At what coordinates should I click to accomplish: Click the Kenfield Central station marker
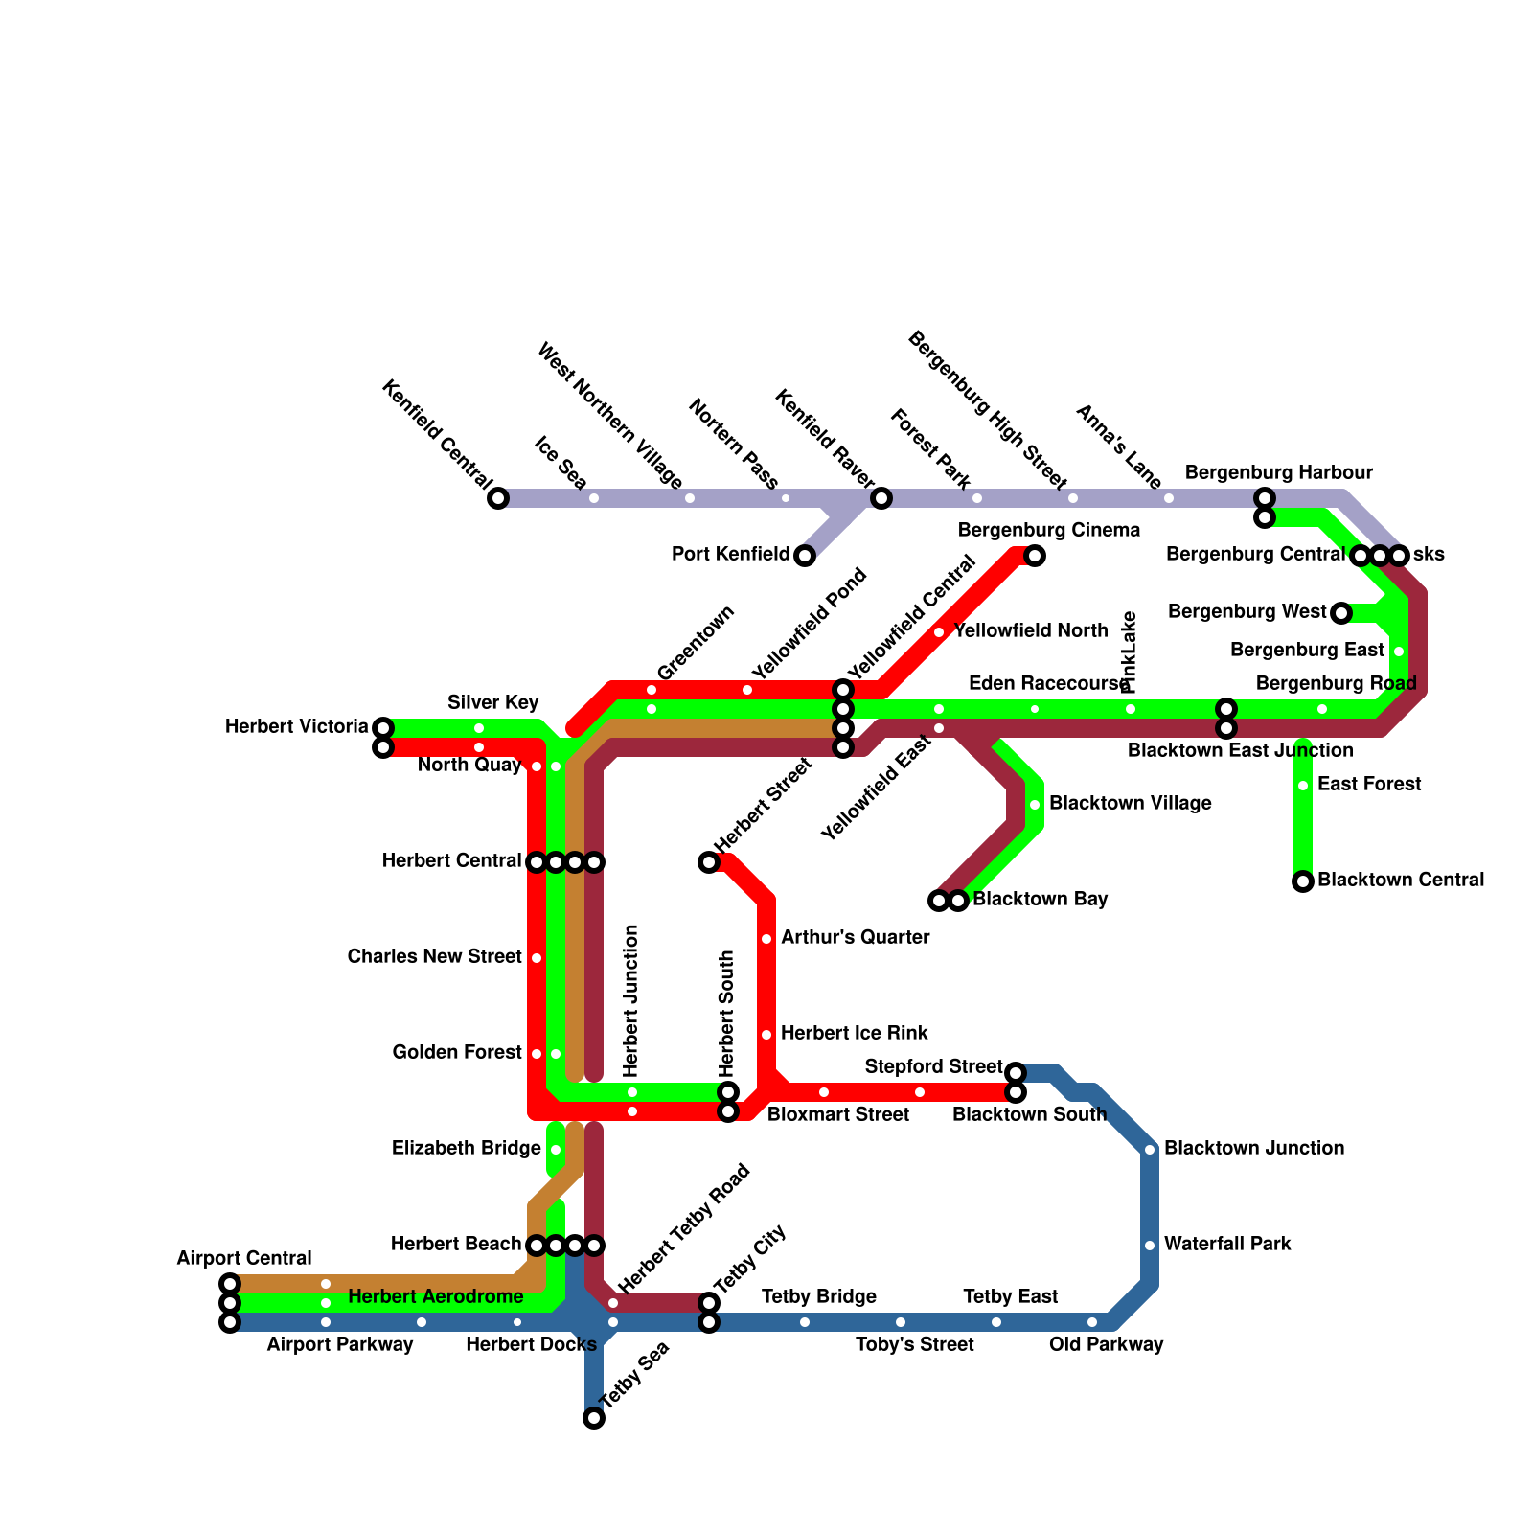tap(498, 498)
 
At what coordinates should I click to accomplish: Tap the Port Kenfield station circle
tap(805, 556)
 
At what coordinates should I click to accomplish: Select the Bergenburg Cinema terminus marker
tap(1035, 556)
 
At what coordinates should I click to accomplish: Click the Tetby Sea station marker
tap(594, 1418)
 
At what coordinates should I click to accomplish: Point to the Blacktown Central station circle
tap(1303, 881)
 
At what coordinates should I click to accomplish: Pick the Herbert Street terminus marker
tap(709, 862)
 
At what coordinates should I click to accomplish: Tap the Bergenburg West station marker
tap(1341, 613)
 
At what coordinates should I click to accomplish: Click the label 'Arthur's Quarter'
tap(855, 937)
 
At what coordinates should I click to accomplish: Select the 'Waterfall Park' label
tap(1227, 1244)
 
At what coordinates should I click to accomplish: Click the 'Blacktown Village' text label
tap(1130, 803)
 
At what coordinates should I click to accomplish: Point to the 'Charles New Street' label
tap(434, 956)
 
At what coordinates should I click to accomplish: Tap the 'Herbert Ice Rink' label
tap(854, 1033)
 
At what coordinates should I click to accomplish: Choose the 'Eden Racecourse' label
tap(1048, 684)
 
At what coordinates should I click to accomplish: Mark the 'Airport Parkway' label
tap(339, 1344)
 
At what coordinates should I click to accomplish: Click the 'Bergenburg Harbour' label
tap(1278, 472)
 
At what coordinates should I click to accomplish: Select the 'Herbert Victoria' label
tap(296, 726)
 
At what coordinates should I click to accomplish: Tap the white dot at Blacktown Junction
tap(1150, 1150)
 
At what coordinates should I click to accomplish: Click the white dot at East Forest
tap(1303, 786)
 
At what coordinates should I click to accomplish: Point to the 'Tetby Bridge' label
tap(819, 1296)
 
